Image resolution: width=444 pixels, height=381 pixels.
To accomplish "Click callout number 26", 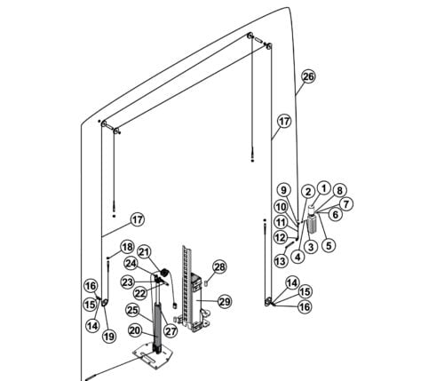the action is pyautogui.click(x=308, y=76).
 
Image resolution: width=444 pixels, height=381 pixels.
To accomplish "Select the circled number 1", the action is pyautogui.click(x=324, y=188).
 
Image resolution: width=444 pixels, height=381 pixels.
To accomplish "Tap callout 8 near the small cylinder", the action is pyautogui.click(x=339, y=190).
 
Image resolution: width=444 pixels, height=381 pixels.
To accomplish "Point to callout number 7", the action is pyautogui.click(x=345, y=203).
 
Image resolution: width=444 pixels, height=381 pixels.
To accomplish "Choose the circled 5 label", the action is pyautogui.click(x=329, y=245).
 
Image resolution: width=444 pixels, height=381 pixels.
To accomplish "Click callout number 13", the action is pyautogui.click(x=281, y=261).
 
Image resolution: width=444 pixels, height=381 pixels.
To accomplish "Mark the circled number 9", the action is pyautogui.click(x=283, y=190).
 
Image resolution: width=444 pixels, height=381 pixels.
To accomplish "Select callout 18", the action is pyautogui.click(x=127, y=247).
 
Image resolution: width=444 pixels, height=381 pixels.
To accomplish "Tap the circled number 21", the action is pyautogui.click(x=144, y=252).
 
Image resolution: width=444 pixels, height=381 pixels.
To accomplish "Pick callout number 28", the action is pyautogui.click(x=219, y=267).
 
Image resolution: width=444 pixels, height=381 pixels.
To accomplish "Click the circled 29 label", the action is pyautogui.click(x=225, y=302).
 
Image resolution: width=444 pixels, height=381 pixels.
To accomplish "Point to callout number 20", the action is pyautogui.click(x=135, y=330).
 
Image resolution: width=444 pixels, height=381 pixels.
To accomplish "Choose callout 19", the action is pyautogui.click(x=109, y=337).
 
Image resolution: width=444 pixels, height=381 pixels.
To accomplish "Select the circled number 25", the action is pyautogui.click(x=132, y=310).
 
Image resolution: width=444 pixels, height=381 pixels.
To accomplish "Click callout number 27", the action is pyautogui.click(x=170, y=331).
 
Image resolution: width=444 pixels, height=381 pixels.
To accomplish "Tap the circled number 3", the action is pyautogui.click(x=311, y=247).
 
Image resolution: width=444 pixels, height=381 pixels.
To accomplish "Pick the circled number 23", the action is pyautogui.click(x=128, y=282).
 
